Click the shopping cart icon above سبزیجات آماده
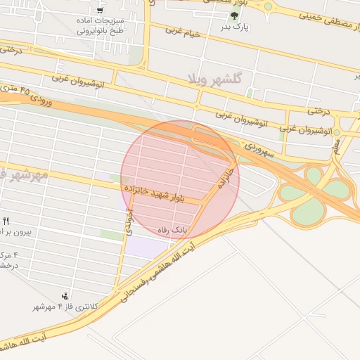coord(100,11)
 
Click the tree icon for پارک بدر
coord(233,15)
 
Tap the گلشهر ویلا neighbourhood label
coord(214,79)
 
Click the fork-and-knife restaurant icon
coord(6,221)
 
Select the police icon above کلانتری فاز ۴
coord(65,295)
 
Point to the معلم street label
coord(337,146)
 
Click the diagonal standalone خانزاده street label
coord(224,176)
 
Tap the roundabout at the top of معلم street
coord(336,132)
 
